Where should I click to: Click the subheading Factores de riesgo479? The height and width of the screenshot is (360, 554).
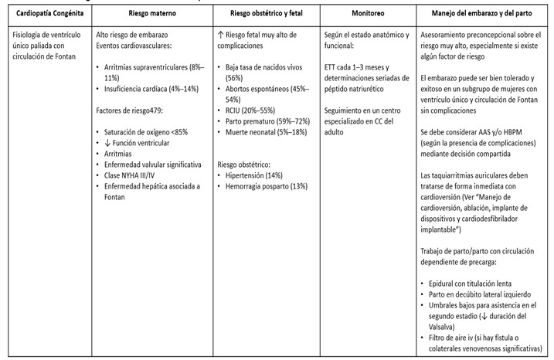click(x=131, y=111)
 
